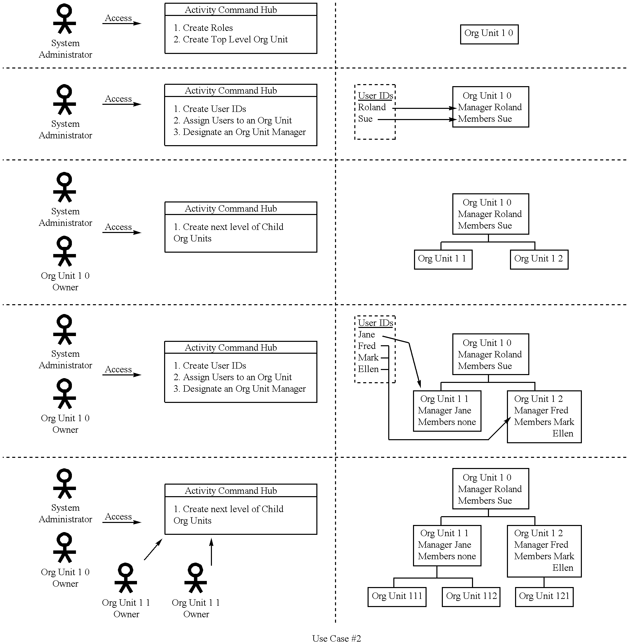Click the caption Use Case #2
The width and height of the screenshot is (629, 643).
click(x=336, y=638)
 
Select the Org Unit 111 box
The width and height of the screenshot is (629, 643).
click(x=397, y=597)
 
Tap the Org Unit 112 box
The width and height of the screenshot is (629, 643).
click(x=471, y=597)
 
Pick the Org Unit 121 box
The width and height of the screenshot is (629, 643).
click(x=544, y=597)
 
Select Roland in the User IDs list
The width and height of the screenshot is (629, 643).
click(x=372, y=108)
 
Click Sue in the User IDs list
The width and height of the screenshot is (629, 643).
click(x=365, y=119)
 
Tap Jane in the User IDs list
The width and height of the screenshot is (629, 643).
click(x=366, y=335)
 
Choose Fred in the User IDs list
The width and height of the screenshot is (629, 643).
click(x=367, y=346)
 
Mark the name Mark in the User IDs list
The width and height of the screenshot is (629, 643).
click(x=368, y=358)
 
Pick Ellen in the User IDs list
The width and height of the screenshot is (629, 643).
click(x=368, y=369)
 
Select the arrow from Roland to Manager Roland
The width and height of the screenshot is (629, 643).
click(x=424, y=108)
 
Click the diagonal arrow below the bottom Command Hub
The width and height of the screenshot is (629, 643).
click(x=153, y=550)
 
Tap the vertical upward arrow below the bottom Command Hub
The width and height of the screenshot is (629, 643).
click(x=211, y=552)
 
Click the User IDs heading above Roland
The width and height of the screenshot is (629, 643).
click(x=375, y=96)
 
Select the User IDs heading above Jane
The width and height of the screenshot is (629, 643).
click(x=375, y=323)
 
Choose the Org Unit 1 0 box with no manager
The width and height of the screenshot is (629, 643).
click(x=489, y=34)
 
